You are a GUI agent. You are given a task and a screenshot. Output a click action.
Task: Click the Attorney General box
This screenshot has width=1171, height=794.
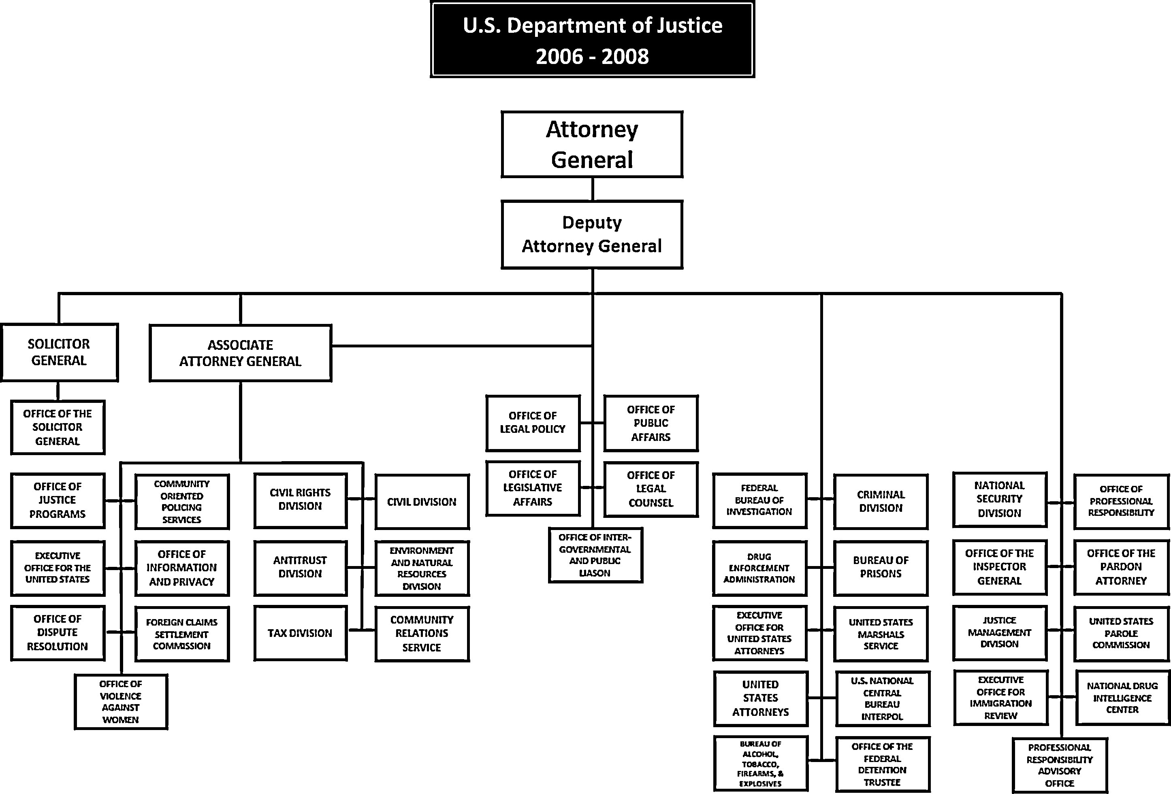(x=592, y=145)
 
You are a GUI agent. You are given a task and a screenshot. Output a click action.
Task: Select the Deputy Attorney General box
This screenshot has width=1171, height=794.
(x=592, y=234)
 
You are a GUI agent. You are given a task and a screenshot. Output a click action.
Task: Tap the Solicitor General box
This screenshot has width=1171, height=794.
(x=59, y=352)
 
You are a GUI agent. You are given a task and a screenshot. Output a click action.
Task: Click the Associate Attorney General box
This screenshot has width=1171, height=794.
(x=240, y=353)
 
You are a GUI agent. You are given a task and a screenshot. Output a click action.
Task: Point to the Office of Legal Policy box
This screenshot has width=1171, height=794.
(x=533, y=423)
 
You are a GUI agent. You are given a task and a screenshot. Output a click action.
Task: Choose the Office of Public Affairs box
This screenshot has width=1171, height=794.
(x=651, y=423)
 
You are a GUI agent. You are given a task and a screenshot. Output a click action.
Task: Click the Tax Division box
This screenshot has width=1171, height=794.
(x=300, y=633)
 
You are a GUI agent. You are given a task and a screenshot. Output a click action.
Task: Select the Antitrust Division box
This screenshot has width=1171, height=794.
(x=300, y=567)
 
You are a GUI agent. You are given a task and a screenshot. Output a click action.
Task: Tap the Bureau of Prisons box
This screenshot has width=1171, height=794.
(x=881, y=567)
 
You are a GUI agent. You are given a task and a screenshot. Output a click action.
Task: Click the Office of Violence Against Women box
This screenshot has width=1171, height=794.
(x=121, y=702)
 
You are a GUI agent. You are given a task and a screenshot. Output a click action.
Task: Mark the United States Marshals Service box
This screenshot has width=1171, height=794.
(x=881, y=634)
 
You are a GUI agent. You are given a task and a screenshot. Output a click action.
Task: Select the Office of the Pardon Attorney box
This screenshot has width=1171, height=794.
(x=1121, y=567)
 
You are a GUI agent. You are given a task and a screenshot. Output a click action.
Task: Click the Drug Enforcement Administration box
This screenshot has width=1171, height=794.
(x=759, y=568)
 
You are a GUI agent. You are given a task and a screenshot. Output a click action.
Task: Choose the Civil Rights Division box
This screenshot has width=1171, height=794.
(x=300, y=500)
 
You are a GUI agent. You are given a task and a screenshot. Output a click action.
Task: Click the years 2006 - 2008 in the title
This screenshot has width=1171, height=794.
(x=592, y=56)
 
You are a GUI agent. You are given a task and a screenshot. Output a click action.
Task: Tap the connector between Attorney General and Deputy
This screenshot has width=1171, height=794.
(x=592, y=189)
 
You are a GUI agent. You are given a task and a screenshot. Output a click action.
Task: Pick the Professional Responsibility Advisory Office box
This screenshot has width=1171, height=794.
(x=1060, y=765)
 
